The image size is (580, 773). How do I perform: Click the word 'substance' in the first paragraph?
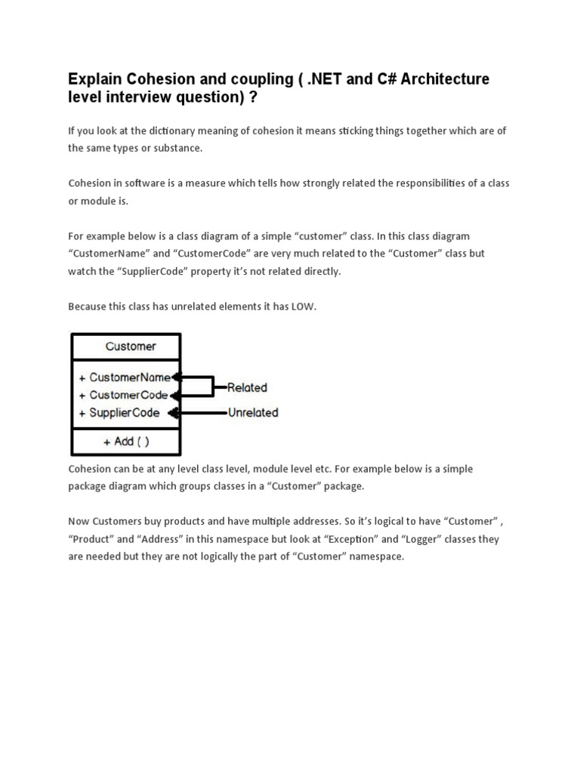[176, 148]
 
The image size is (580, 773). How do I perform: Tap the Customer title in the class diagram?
[131, 346]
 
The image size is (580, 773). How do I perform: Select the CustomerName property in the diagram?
[130, 377]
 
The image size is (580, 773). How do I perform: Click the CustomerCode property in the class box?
[129, 395]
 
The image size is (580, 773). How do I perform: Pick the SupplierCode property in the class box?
[125, 413]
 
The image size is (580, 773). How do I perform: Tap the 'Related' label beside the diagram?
[247, 387]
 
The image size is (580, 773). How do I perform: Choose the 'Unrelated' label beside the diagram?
[252, 413]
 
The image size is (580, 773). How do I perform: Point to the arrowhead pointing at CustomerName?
[176, 377]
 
